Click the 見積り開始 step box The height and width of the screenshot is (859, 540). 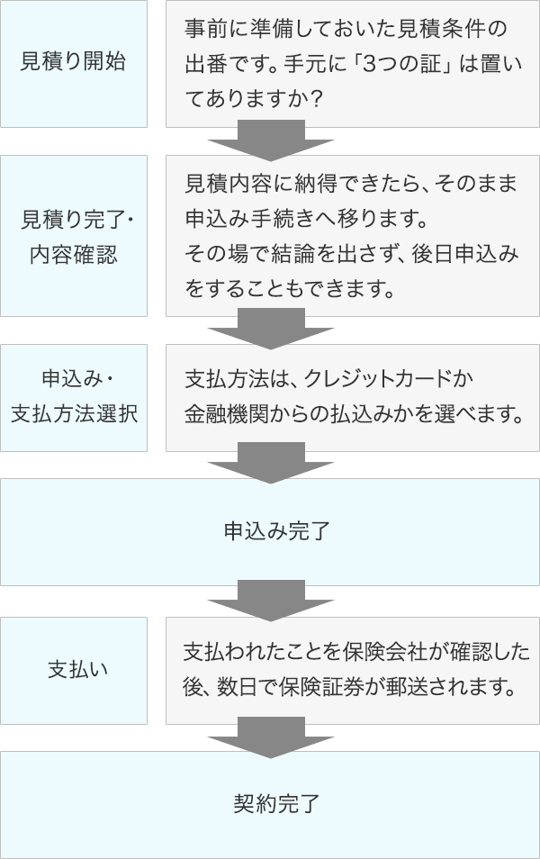coord(74,64)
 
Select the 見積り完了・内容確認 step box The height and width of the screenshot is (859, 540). coord(74,236)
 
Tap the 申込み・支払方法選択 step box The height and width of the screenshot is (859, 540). coord(74,398)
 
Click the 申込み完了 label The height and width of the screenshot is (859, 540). coord(276,531)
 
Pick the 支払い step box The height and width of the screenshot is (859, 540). coord(74,671)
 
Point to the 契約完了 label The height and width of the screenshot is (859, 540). coord(276,804)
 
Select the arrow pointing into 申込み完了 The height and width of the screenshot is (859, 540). coord(271,463)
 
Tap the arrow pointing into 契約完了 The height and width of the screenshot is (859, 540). coord(271,737)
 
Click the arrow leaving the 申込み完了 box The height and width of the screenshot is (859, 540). coord(271,601)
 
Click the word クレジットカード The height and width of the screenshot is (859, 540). coord(375,379)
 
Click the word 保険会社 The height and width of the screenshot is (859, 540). coord(382,651)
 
